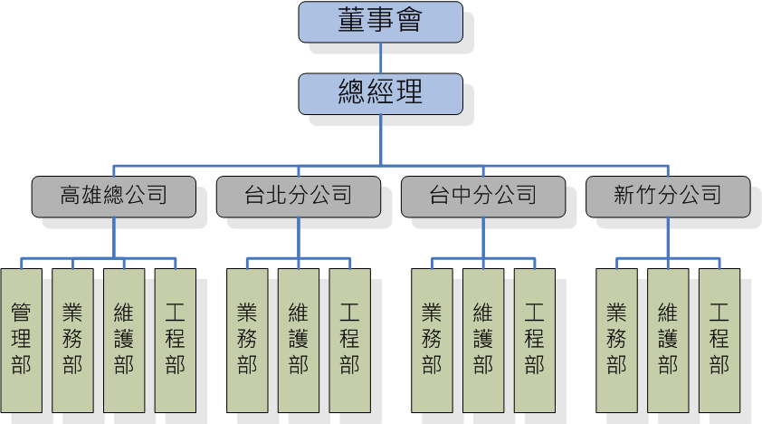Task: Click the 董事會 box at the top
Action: [380, 22]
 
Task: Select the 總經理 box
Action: [380, 93]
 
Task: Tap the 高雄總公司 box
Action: [113, 196]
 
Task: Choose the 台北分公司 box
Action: [298, 196]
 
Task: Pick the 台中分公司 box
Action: [482, 196]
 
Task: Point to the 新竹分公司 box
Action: [667, 196]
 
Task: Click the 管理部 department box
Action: [22, 340]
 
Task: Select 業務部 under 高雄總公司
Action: [72, 340]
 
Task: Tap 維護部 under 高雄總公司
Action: [124, 340]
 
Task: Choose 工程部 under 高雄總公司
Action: [176, 340]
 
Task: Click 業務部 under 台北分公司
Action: [247, 340]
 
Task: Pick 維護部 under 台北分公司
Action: [299, 340]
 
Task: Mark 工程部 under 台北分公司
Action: [350, 340]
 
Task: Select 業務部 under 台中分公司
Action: [432, 340]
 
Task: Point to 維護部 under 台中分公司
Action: [483, 340]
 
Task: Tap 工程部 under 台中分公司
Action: [535, 340]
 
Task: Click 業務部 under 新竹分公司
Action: [616, 340]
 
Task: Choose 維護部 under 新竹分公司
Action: [668, 340]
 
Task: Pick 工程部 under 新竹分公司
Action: [719, 340]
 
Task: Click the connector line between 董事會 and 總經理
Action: [380, 58]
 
